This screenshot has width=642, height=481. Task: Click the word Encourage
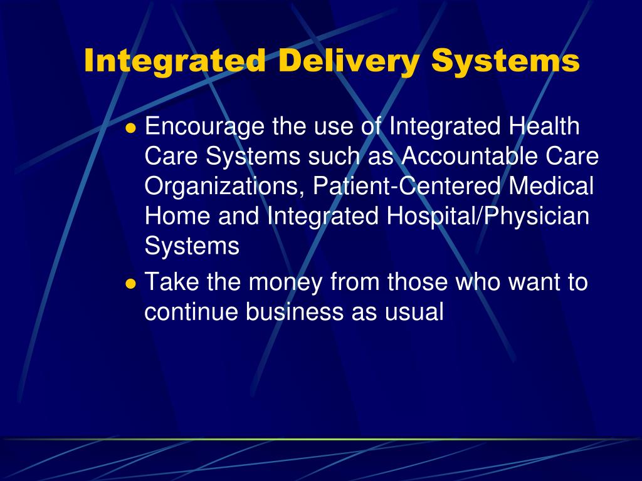(x=204, y=128)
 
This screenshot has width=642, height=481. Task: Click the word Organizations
(x=225, y=187)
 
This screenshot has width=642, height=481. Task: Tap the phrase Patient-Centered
(x=408, y=186)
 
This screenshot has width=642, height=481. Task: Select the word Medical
(x=551, y=186)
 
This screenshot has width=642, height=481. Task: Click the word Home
(x=178, y=216)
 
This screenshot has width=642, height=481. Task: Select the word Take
(x=172, y=282)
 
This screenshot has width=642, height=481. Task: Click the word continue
(x=191, y=312)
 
